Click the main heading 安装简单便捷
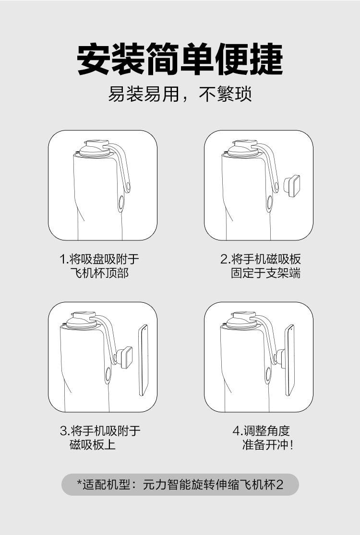(x=180, y=59)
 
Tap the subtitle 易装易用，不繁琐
(x=180, y=94)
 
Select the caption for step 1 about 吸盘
(x=99, y=266)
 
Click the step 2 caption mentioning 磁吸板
(x=260, y=266)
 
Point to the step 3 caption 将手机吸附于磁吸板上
(x=100, y=438)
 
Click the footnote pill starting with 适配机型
(x=180, y=485)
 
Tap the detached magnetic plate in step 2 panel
(x=292, y=186)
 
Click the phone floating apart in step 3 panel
(x=144, y=360)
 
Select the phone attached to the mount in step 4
(x=290, y=360)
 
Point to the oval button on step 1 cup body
(x=121, y=202)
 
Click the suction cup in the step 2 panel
(x=243, y=149)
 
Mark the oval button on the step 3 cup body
(x=108, y=374)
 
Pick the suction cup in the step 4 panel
(x=242, y=321)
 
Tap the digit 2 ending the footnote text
(x=279, y=485)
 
